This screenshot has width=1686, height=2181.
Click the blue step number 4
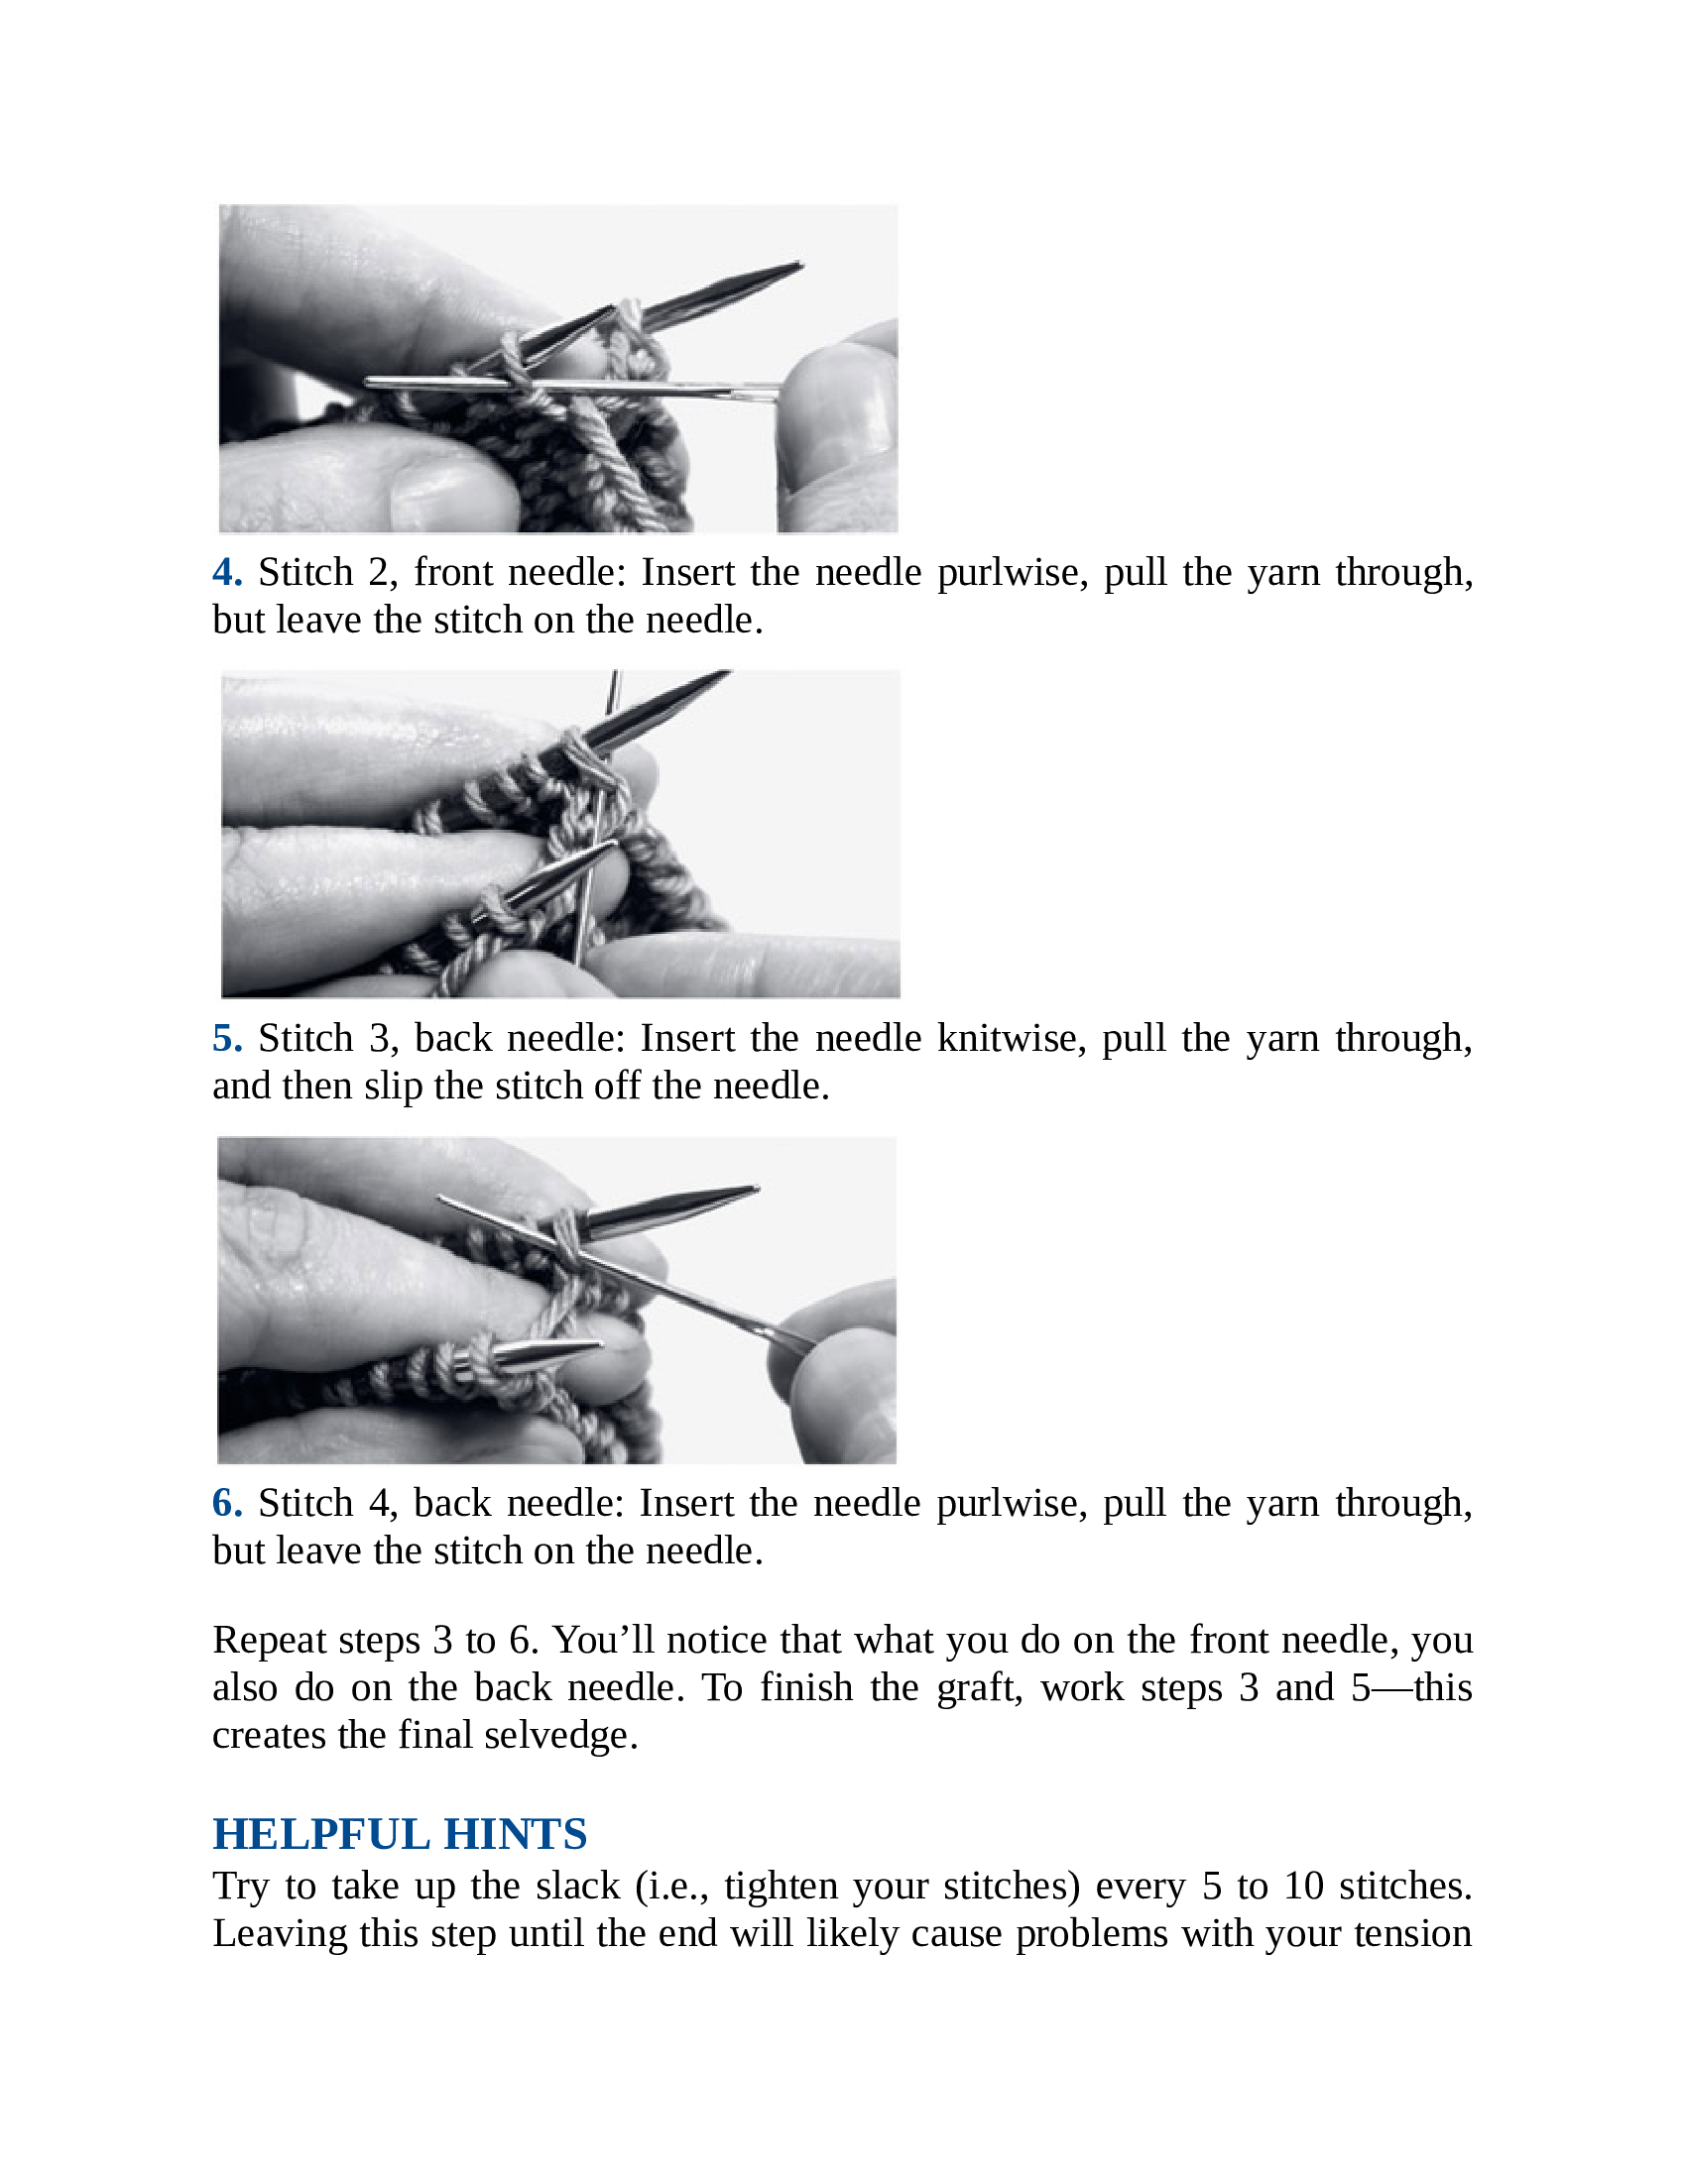227,573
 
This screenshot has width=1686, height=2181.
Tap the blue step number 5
227,1039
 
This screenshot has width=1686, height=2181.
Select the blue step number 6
227,1504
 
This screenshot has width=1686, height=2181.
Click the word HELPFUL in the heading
320,1834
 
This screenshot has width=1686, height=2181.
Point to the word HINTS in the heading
516,1834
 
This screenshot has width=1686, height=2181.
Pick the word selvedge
566,1736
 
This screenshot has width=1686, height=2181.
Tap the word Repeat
267,1641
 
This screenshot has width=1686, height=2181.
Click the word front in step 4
453,573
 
